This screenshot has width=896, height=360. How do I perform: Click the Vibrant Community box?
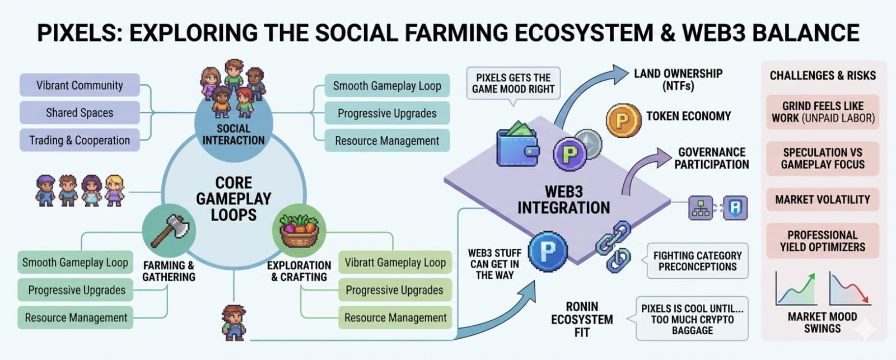click(80, 85)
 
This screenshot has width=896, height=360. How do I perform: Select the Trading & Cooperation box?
click(80, 140)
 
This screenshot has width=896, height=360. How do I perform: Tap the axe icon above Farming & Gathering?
click(169, 230)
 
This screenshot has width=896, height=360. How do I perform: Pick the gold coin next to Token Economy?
click(623, 120)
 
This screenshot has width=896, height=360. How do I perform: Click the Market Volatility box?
click(822, 199)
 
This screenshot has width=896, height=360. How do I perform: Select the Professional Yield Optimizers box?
click(822, 241)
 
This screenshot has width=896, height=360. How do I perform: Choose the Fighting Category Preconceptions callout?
click(697, 261)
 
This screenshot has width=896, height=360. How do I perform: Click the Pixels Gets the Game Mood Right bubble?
click(513, 84)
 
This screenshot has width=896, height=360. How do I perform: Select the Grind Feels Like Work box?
click(822, 112)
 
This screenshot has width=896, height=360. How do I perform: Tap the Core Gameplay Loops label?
click(234, 199)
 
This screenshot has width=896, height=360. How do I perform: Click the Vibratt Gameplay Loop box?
click(395, 263)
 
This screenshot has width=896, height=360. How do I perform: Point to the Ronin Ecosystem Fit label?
click(582, 319)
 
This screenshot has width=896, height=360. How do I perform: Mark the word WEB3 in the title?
click(713, 33)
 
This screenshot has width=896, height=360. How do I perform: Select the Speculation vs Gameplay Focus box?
click(822, 158)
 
